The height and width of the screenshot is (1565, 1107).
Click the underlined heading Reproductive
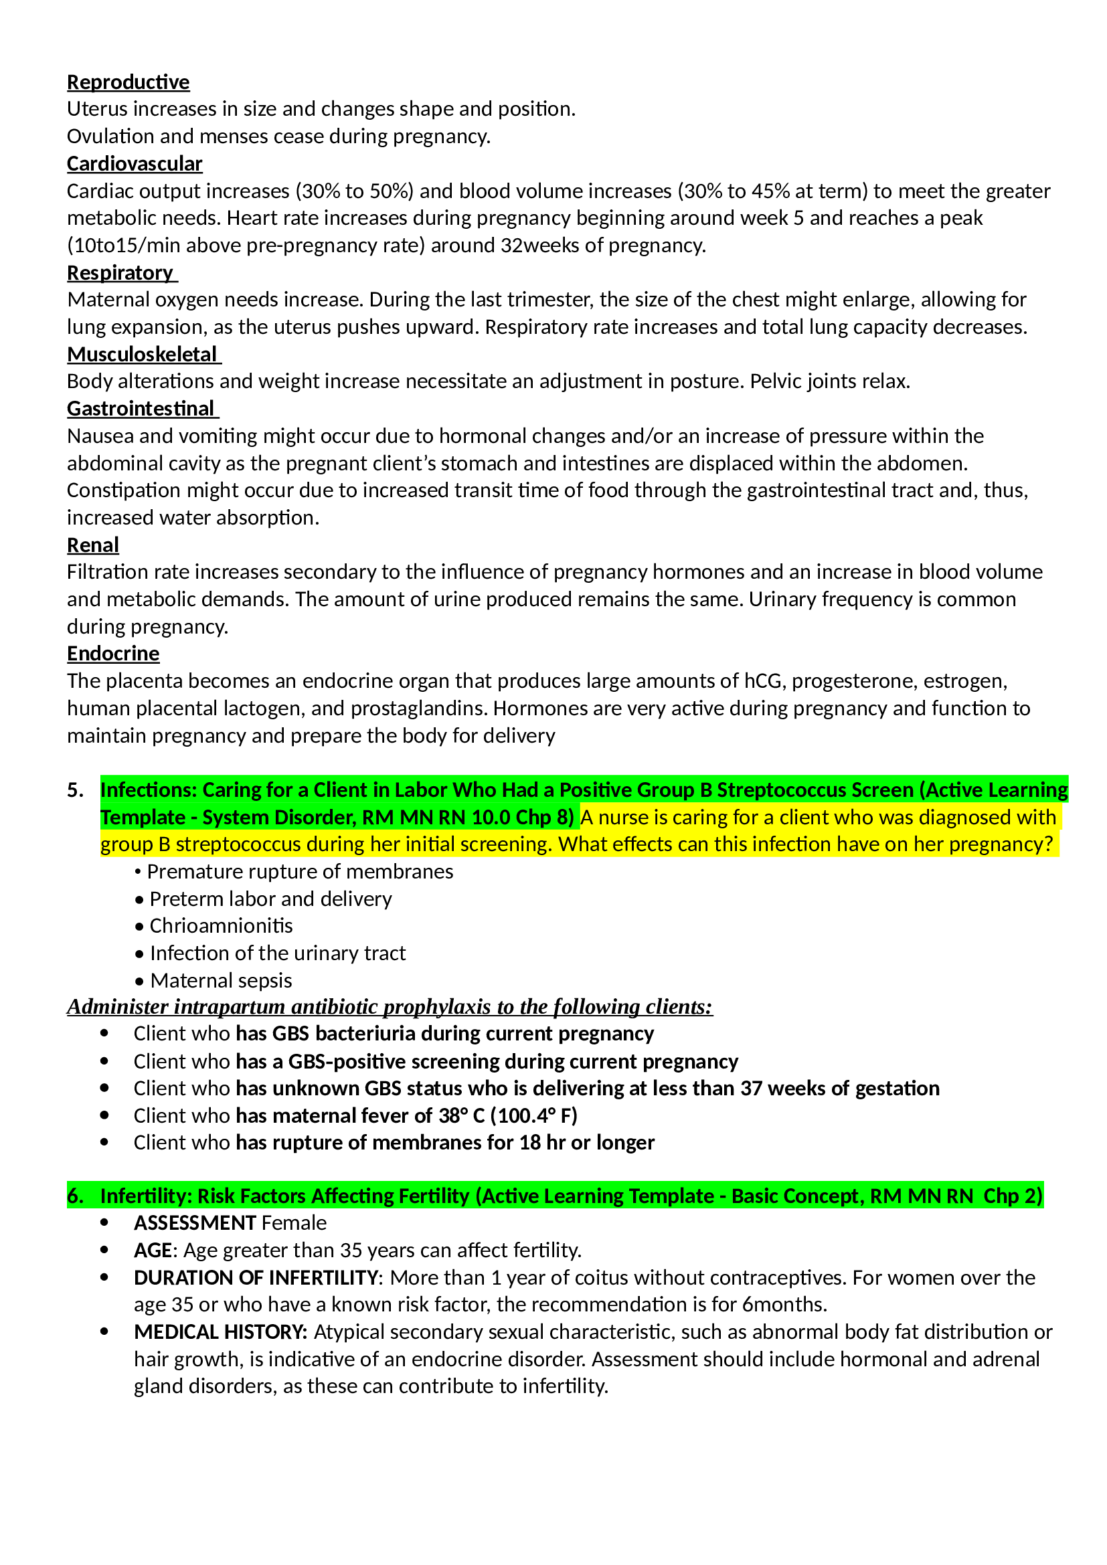(x=128, y=82)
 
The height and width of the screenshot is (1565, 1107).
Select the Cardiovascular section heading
(x=135, y=165)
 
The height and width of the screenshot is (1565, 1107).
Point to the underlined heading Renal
(x=93, y=545)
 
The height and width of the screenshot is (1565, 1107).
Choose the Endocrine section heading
(x=113, y=654)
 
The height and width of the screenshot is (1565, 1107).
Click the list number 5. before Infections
(x=75, y=790)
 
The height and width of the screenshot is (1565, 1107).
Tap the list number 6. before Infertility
(x=75, y=1196)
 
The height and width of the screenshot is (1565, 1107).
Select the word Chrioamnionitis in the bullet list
(x=221, y=925)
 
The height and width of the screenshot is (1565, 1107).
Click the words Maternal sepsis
(x=221, y=980)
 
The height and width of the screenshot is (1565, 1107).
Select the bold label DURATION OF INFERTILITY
(x=256, y=1277)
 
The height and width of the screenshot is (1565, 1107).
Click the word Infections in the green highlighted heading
(x=148, y=790)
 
